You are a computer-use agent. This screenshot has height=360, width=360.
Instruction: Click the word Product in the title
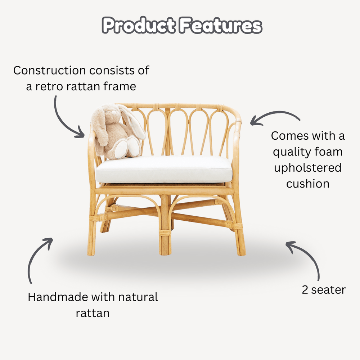point(139,25)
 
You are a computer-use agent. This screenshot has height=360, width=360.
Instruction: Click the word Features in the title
point(221,25)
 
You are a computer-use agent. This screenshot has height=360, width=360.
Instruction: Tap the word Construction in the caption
point(50,70)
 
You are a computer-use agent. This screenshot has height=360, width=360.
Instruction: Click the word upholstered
point(308,168)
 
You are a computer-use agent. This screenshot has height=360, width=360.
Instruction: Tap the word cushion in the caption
point(308,184)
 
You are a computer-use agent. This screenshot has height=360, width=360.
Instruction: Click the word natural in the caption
point(138,297)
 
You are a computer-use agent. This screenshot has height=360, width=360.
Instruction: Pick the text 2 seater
point(324,290)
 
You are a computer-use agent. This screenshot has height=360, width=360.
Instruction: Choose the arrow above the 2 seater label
point(310,255)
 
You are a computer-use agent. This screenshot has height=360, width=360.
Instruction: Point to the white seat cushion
point(163,170)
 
